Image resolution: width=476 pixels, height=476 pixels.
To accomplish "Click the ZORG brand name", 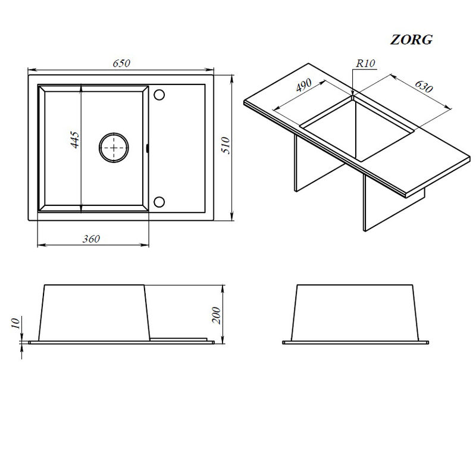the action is [x=411, y=40].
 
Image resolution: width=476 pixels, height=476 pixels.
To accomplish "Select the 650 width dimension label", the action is [x=121, y=63].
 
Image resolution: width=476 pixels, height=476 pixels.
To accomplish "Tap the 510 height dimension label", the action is [x=226, y=145].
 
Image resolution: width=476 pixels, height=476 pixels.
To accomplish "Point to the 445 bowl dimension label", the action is [x=75, y=140].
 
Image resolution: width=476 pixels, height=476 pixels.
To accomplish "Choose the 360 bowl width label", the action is [x=91, y=239].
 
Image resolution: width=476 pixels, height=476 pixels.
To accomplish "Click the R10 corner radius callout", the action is [x=365, y=63].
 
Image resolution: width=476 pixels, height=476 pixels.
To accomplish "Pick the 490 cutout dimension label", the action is [x=303, y=85].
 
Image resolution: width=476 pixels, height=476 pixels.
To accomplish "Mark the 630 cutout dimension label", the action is [x=424, y=86].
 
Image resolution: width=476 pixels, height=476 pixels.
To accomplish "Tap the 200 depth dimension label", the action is [x=216, y=315].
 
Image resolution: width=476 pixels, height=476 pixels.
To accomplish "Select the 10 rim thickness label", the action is [x=15, y=322].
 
